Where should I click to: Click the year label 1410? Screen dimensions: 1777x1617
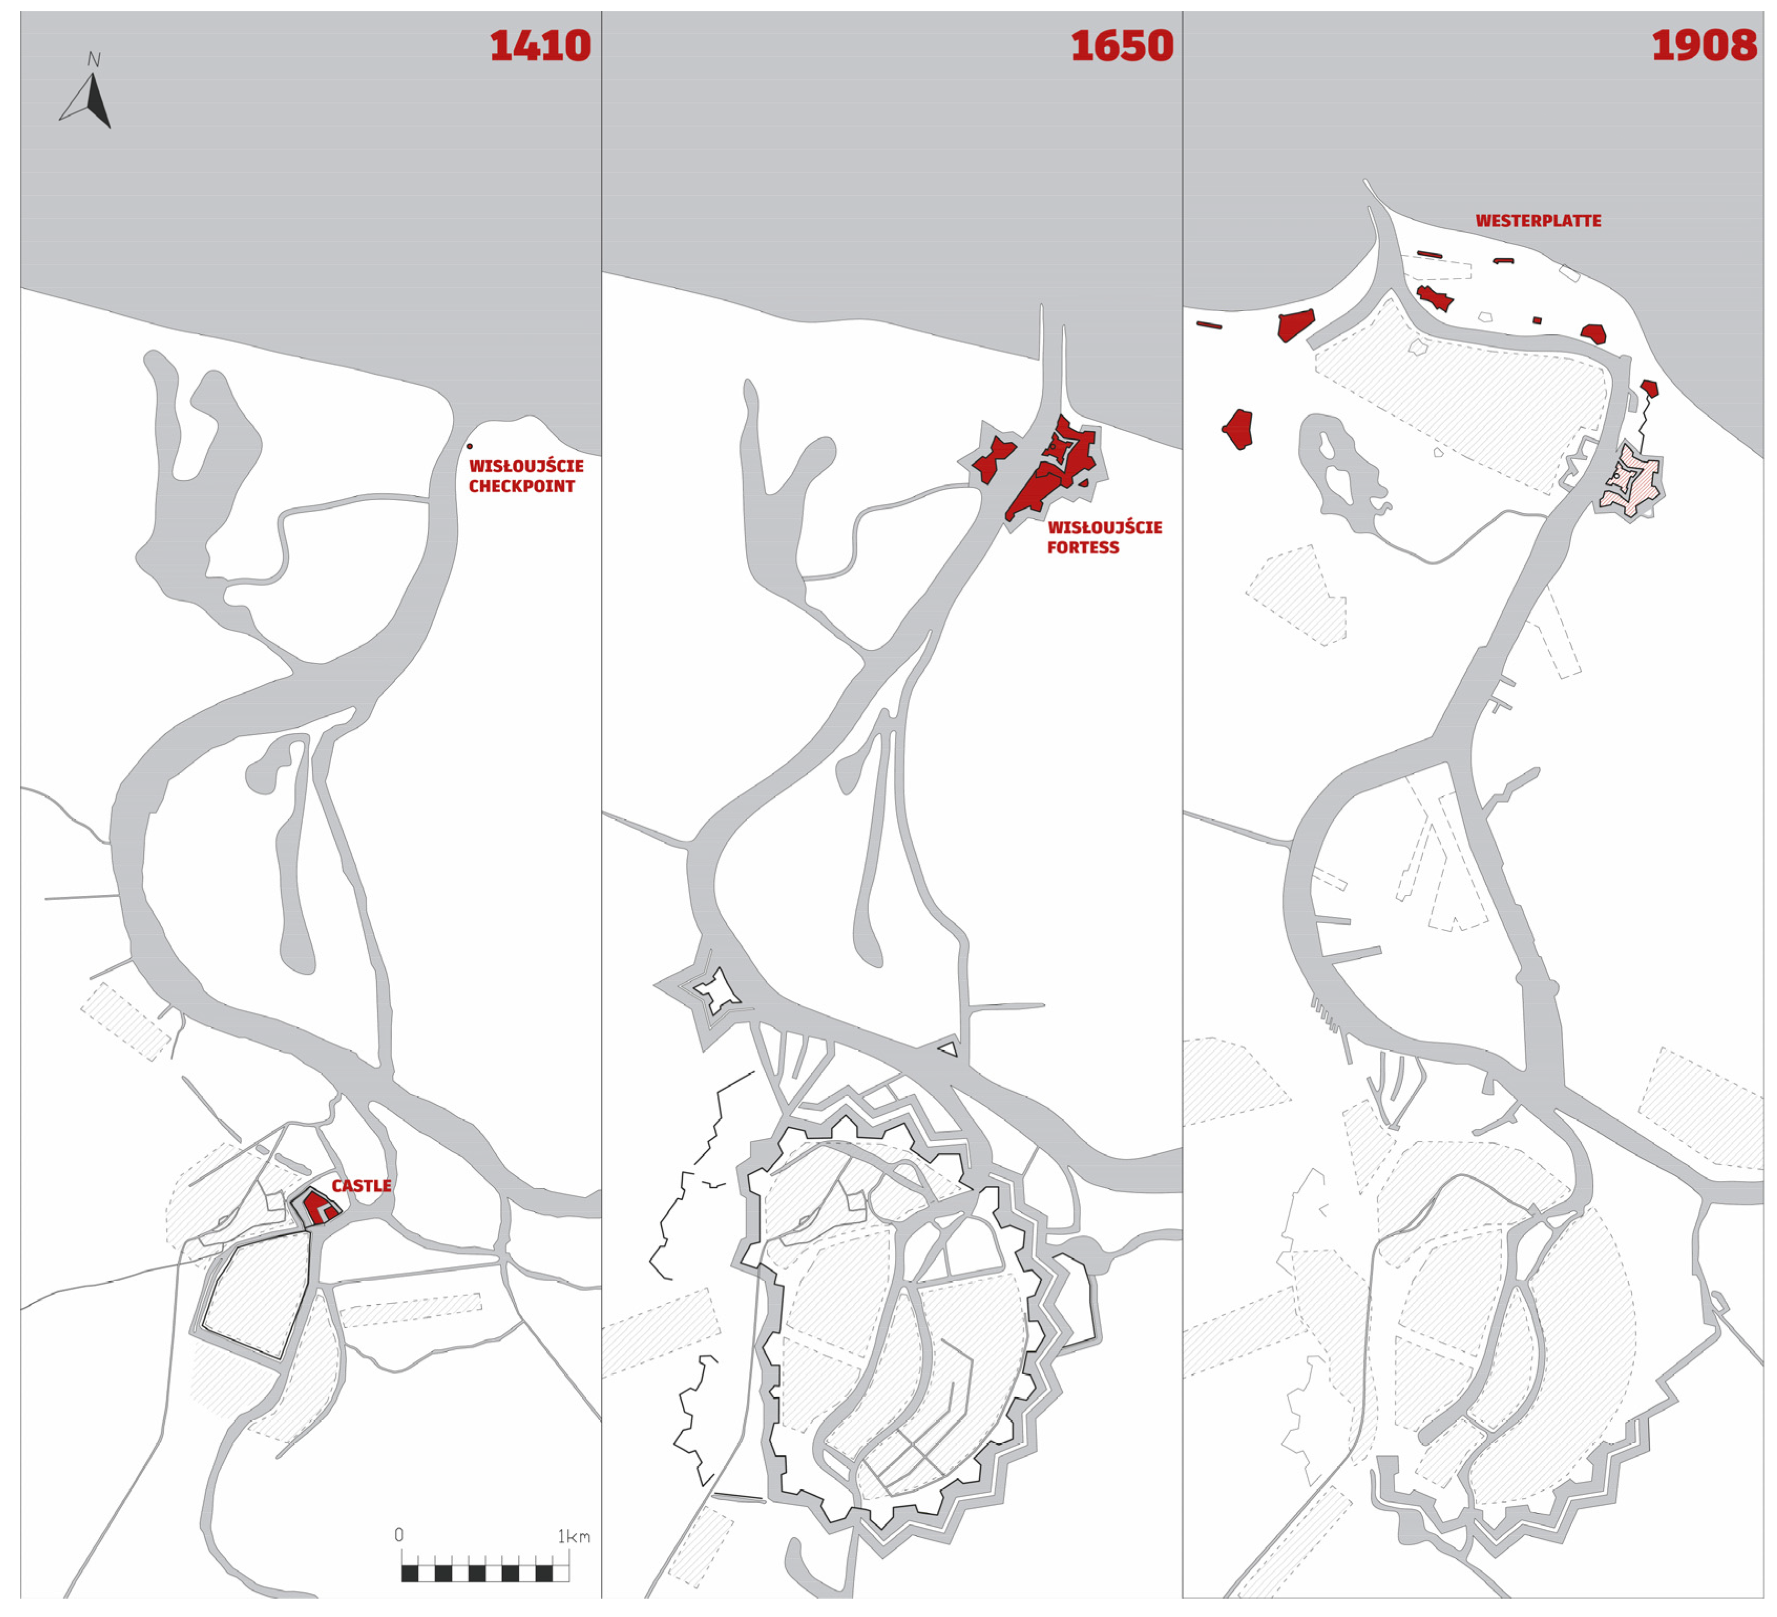click(x=540, y=46)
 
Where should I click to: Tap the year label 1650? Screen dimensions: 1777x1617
click(x=1121, y=46)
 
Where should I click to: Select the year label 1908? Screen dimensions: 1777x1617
click(x=1703, y=46)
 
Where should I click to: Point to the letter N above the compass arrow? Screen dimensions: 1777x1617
click(x=93, y=60)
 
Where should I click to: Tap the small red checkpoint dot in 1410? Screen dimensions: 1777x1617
click(x=469, y=446)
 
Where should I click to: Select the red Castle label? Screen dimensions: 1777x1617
click(x=362, y=1186)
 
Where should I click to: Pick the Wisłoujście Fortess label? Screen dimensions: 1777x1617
click(x=1104, y=537)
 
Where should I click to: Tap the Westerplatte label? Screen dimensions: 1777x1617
click(x=1538, y=220)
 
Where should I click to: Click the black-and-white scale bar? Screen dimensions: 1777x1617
click(x=485, y=1572)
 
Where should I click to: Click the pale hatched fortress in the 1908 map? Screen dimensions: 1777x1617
click(x=1631, y=481)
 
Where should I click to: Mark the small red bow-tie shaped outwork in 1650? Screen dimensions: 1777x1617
click(x=993, y=459)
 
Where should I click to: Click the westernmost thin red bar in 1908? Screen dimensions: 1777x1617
click(x=1209, y=324)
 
